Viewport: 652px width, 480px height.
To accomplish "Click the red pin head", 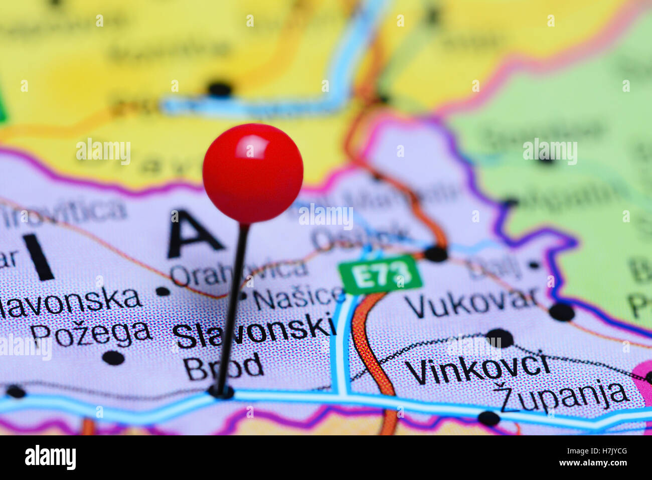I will point(253,173).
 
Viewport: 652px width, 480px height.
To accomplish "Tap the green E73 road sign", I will point(380,274).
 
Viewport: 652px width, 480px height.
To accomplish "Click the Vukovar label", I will point(471,302).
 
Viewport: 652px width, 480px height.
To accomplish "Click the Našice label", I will point(299,298).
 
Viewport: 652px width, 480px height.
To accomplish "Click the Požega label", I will point(90,333).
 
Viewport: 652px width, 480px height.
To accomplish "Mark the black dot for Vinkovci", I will point(500,338).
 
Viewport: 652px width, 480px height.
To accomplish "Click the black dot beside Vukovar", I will point(561,312).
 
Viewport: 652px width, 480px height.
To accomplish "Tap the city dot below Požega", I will point(113,358).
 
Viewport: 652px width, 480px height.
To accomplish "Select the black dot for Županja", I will point(488,418).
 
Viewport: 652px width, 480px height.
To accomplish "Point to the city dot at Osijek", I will point(436,254).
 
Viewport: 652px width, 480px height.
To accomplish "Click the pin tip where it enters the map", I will point(221,392).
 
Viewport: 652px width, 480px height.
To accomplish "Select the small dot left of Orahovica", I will point(162,291).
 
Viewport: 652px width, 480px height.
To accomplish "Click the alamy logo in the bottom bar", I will point(50,457).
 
